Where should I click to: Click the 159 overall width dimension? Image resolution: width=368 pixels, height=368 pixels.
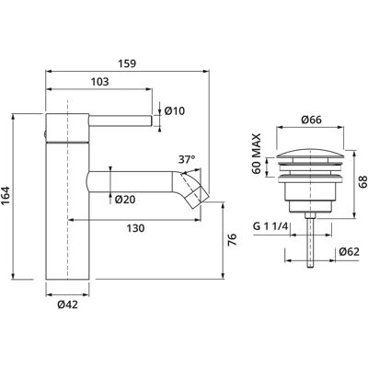(127, 63)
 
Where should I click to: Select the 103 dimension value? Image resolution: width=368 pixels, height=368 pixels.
(100, 82)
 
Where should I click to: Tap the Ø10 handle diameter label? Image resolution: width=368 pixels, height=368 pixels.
(175, 110)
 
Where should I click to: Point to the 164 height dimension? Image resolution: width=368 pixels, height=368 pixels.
(6, 196)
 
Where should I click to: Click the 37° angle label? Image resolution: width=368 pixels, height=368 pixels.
(187, 160)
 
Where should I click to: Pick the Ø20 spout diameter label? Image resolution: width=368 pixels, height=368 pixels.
(125, 200)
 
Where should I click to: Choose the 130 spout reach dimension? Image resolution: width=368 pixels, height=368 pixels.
(135, 228)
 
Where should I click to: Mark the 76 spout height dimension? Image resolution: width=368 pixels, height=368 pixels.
(232, 239)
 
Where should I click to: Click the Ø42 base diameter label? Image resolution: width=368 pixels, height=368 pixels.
(67, 305)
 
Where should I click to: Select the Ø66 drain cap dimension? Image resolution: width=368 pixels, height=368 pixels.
(311, 120)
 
